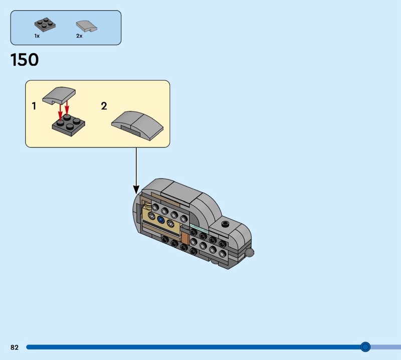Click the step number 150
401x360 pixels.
click(25, 60)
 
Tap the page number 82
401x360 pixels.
click(15, 347)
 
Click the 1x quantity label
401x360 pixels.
click(37, 36)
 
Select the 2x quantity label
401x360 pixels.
click(79, 36)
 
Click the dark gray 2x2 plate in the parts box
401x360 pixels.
click(45, 25)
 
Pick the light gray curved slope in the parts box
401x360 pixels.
click(87, 27)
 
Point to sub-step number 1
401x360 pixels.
click(34, 106)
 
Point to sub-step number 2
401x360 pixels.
click(104, 106)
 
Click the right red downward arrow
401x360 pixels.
click(67, 107)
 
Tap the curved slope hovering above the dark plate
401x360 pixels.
click(59, 95)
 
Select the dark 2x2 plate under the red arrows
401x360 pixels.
click(69, 126)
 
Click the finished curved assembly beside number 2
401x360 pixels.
click(137, 125)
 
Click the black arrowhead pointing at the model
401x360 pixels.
click(136, 190)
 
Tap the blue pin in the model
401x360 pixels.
click(160, 219)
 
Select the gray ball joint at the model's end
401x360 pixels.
click(250, 253)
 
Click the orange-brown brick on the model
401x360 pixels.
click(184, 239)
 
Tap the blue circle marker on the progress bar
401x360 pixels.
click(365, 347)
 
